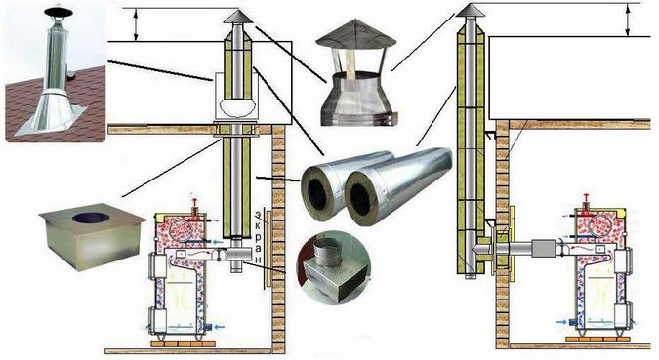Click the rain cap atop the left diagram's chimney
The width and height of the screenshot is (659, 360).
pyautogui.click(x=238, y=17)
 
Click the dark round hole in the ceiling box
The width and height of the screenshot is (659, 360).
pyautogui.click(x=91, y=218)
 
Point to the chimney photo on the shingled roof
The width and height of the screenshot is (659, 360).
pyautogui.click(x=55, y=72)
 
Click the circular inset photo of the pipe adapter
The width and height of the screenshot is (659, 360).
pyautogui.click(x=334, y=267)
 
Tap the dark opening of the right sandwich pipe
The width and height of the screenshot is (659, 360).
pyautogui.click(x=359, y=200)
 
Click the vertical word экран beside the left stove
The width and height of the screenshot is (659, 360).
pyautogui.click(x=258, y=237)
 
